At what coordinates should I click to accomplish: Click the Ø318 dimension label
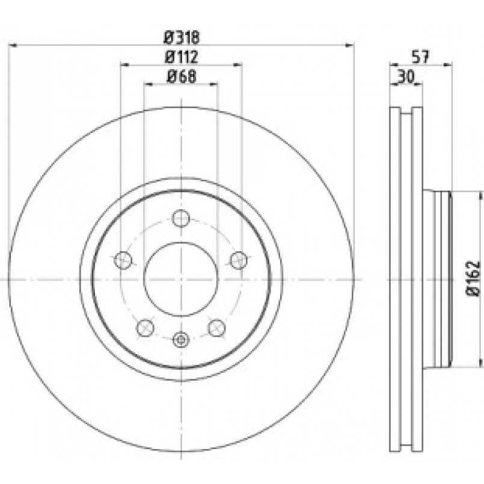[182, 38]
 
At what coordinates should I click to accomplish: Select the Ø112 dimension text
[181, 57]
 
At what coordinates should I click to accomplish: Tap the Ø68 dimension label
[181, 76]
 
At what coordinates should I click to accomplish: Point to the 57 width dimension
[421, 57]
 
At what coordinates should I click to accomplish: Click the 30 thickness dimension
[405, 76]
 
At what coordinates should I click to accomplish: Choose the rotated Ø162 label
[473, 279]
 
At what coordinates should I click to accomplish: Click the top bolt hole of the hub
[181, 218]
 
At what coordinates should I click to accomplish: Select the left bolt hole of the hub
[123, 260]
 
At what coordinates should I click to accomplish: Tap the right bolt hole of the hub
[239, 260]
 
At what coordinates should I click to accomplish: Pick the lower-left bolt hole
[145, 328]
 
